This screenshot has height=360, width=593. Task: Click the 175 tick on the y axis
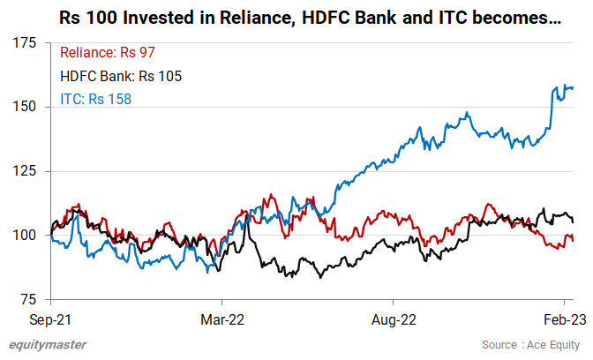[x=25, y=42]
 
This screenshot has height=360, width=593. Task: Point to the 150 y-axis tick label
[x=25, y=107]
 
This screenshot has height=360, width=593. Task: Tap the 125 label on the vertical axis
[x=25, y=171]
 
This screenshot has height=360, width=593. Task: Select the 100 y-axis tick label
[x=25, y=236]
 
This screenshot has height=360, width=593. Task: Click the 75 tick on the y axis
[x=28, y=300]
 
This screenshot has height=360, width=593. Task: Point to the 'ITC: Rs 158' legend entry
[x=96, y=99]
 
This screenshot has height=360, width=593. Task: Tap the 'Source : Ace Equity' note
[x=531, y=344]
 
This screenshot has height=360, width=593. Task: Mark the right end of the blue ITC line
[x=574, y=87]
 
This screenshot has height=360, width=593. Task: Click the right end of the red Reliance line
[x=574, y=240]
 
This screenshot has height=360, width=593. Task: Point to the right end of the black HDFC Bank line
[x=574, y=221]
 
